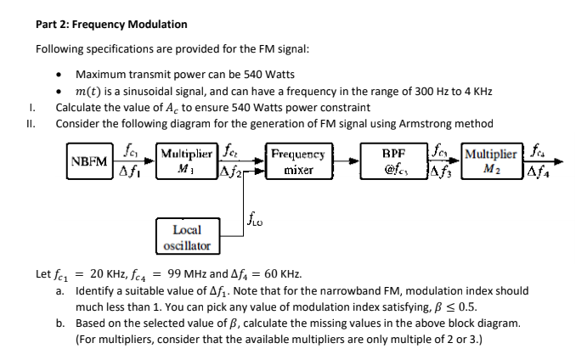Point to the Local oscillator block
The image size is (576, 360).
[x=186, y=237]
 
